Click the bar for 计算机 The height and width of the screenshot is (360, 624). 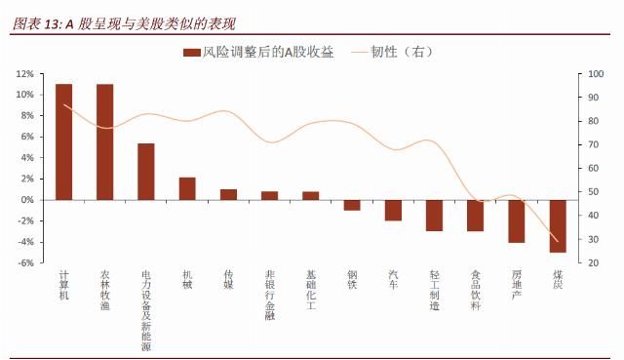(63, 141)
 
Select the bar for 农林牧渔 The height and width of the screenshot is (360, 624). (104, 141)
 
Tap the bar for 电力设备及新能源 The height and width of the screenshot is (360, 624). (145, 172)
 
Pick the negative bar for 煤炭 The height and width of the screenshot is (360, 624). (558, 225)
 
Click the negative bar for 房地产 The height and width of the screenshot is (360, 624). (517, 220)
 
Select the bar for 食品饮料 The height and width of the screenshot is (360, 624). (475, 216)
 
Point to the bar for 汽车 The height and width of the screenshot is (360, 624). (393, 210)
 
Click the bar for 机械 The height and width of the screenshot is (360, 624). (187, 188)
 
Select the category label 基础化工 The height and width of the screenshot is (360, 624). (311, 291)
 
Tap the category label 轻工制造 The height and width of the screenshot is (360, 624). (434, 291)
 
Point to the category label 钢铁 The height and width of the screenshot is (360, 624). (352, 280)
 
